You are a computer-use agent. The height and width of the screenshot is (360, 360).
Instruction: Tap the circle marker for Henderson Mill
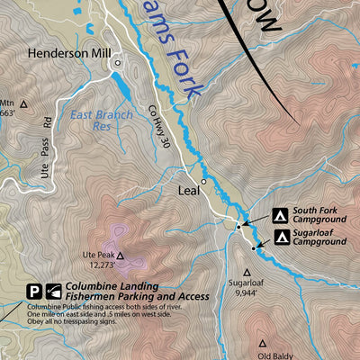pos(116,63)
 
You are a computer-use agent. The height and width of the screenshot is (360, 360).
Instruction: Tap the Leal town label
pos(188,191)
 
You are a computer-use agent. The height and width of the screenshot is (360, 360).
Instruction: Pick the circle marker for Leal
pos(204,182)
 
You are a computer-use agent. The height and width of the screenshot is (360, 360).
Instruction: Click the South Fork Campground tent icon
pos(280,216)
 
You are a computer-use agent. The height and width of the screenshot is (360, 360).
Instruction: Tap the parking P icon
pos(33,291)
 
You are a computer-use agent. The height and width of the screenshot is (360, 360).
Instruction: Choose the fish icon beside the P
pos(53,291)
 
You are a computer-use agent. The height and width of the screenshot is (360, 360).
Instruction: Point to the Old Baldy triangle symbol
pos(263,343)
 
